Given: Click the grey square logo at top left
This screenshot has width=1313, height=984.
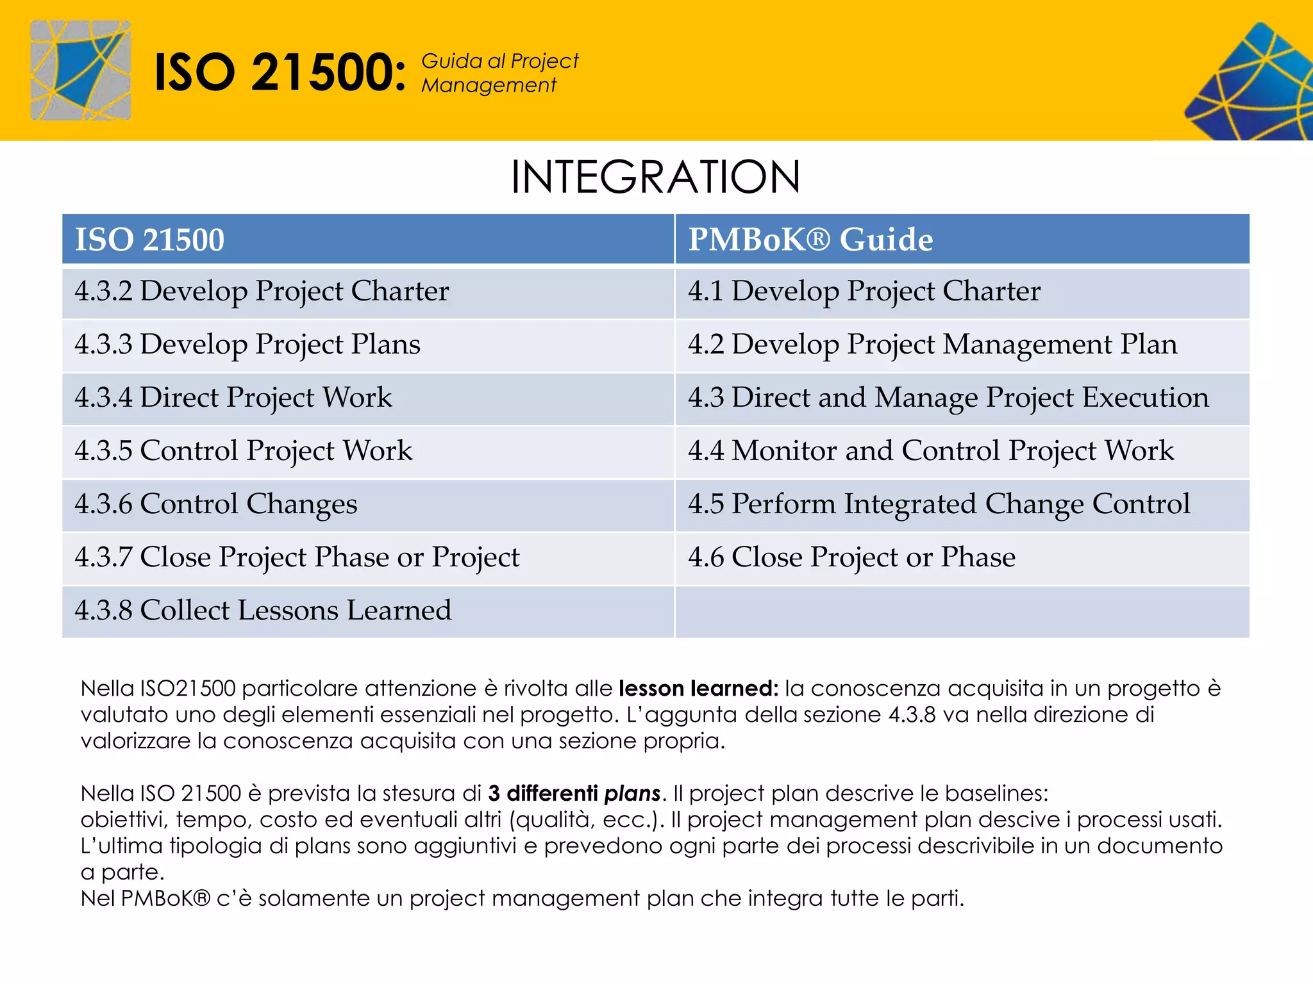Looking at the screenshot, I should point(80,70).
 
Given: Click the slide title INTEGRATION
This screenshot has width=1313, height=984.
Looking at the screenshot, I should point(655,177).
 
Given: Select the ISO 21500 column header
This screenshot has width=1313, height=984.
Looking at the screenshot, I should point(150,240).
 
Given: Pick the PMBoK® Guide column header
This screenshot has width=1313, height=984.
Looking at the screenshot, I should point(810,240).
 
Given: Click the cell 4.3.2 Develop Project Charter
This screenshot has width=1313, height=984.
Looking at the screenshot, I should point(262,291).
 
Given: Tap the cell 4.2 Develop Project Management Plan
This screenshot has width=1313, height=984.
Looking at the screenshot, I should point(932,345).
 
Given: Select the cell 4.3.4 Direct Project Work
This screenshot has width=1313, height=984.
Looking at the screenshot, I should point(233,398).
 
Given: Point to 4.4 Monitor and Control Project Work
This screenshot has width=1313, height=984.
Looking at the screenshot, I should point(931,451).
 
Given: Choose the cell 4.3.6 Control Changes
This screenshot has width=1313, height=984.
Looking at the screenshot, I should point(216,504).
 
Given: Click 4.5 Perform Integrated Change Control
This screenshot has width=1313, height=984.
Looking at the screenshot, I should point(939,504).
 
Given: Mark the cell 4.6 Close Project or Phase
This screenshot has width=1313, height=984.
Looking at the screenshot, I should point(851,557).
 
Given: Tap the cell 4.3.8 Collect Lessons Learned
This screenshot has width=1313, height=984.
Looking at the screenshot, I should point(263,611).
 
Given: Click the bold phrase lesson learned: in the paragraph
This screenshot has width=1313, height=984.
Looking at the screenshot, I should point(698,689).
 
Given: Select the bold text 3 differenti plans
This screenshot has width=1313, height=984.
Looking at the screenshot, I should point(574,794).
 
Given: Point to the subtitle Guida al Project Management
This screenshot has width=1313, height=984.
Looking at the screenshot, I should point(499,73).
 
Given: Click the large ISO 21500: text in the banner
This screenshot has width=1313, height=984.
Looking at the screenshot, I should point(280,72).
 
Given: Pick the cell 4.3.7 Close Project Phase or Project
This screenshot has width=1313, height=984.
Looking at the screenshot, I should point(297,557).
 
